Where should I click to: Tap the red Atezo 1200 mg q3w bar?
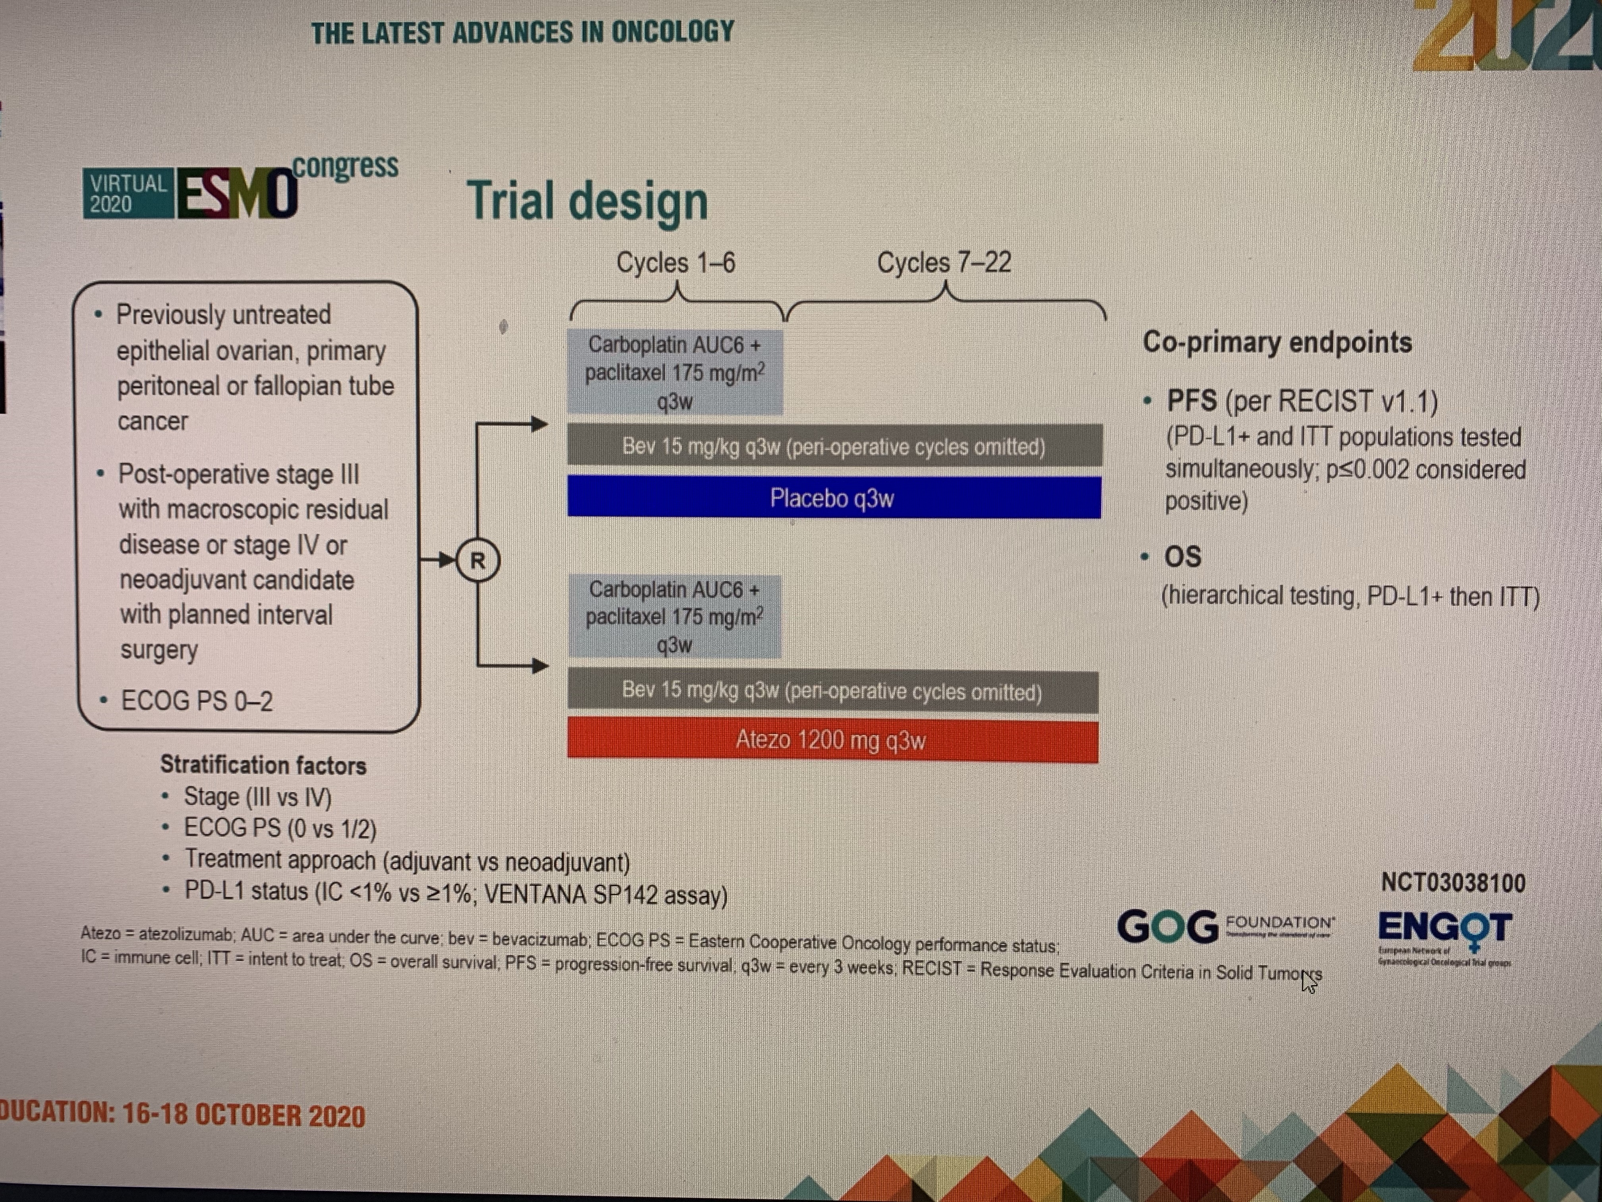[x=832, y=740]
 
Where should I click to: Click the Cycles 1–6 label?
[x=676, y=262]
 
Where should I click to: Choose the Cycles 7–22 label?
[x=944, y=262]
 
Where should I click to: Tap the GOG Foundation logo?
[x=1225, y=927]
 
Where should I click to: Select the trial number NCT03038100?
[x=1453, y=882]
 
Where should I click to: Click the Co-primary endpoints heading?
[x=1277, y=342]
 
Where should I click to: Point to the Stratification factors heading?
[x=263, y=765]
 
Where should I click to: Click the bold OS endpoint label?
[x=1183, y=556]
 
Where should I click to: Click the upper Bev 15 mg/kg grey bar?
[x=834, y=446]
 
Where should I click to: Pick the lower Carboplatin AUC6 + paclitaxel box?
[x=674, y=617]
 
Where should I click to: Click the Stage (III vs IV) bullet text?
[x=257, y=797]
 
